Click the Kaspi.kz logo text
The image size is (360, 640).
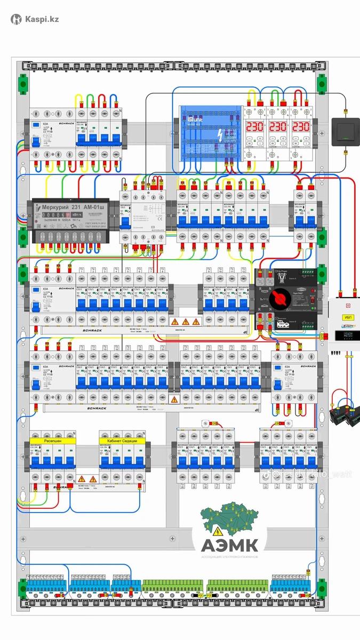tap(41, 19)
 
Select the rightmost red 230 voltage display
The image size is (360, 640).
tap(301, 127)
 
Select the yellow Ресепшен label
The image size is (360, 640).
tap(53, 441)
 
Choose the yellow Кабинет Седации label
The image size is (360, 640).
tap(122, 441)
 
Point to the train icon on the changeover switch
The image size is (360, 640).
tap(280, 323)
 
